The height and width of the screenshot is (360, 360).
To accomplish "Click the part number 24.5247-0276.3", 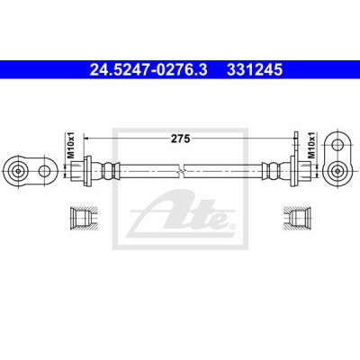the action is [148, 70].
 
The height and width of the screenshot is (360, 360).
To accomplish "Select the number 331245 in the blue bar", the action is [255, 70].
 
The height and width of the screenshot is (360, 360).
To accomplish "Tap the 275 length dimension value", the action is [181, 139].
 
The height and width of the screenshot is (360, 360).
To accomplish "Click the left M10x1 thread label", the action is [71, 147].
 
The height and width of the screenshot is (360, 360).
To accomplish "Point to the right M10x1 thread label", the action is [311, 145].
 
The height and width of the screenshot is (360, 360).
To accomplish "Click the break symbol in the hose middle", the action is [182, 171].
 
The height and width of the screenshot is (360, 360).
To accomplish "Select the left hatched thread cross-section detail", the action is [83, 218].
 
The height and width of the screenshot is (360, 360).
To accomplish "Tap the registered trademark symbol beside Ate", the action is [231, 226].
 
